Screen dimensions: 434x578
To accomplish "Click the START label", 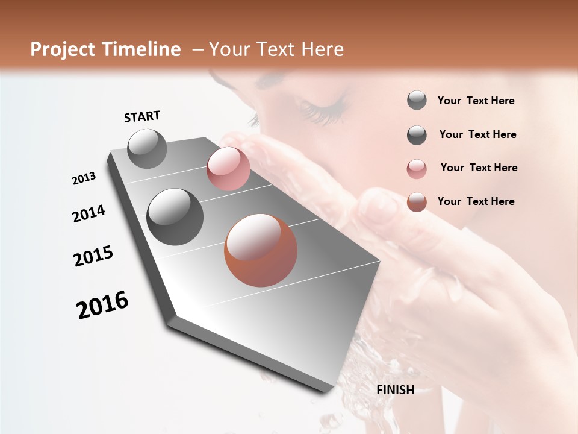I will [142, 116].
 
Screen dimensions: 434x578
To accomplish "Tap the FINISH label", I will [395, 390].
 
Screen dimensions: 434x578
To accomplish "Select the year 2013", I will [84, 178].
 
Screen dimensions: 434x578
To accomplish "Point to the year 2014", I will [89, 213].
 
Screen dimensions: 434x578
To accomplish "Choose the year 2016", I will [102, 305].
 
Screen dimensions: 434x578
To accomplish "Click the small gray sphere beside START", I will [148, 148].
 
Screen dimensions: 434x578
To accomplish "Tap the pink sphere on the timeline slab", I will [228, 169].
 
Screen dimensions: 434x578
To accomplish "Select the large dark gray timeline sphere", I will [175, 217].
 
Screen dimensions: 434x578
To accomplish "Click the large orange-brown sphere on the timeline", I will [261, 250].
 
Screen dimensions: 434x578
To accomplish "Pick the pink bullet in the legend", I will [417, 169].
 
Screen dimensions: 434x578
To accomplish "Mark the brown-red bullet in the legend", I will [417, 202].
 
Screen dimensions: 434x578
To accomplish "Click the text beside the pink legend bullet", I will [479, 168].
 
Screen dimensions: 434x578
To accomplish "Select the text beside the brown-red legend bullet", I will [476, 201].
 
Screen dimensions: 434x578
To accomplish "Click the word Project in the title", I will [63, 49].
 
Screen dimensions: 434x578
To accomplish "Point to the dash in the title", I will [197, 49].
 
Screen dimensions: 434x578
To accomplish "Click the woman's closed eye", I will [325, 110].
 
